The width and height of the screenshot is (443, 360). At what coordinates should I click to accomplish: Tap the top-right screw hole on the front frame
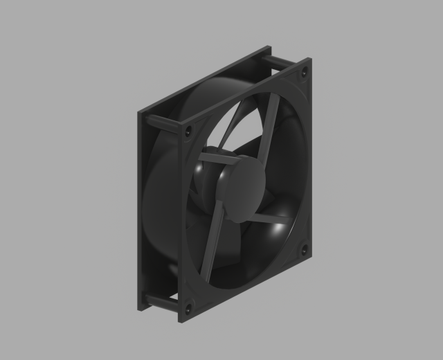[304, 71]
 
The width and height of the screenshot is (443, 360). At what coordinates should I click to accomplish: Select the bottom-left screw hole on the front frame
[188, 309]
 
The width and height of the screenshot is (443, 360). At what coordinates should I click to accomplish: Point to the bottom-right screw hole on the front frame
[303, 249]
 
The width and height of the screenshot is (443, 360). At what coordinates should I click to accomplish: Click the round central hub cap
[242, 188]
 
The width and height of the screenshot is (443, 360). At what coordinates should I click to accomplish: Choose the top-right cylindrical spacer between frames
[280, 63]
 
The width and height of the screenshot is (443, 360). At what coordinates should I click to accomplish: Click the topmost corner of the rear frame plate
[269, 47]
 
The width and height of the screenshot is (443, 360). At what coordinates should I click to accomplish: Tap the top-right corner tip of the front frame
[311, 60]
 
